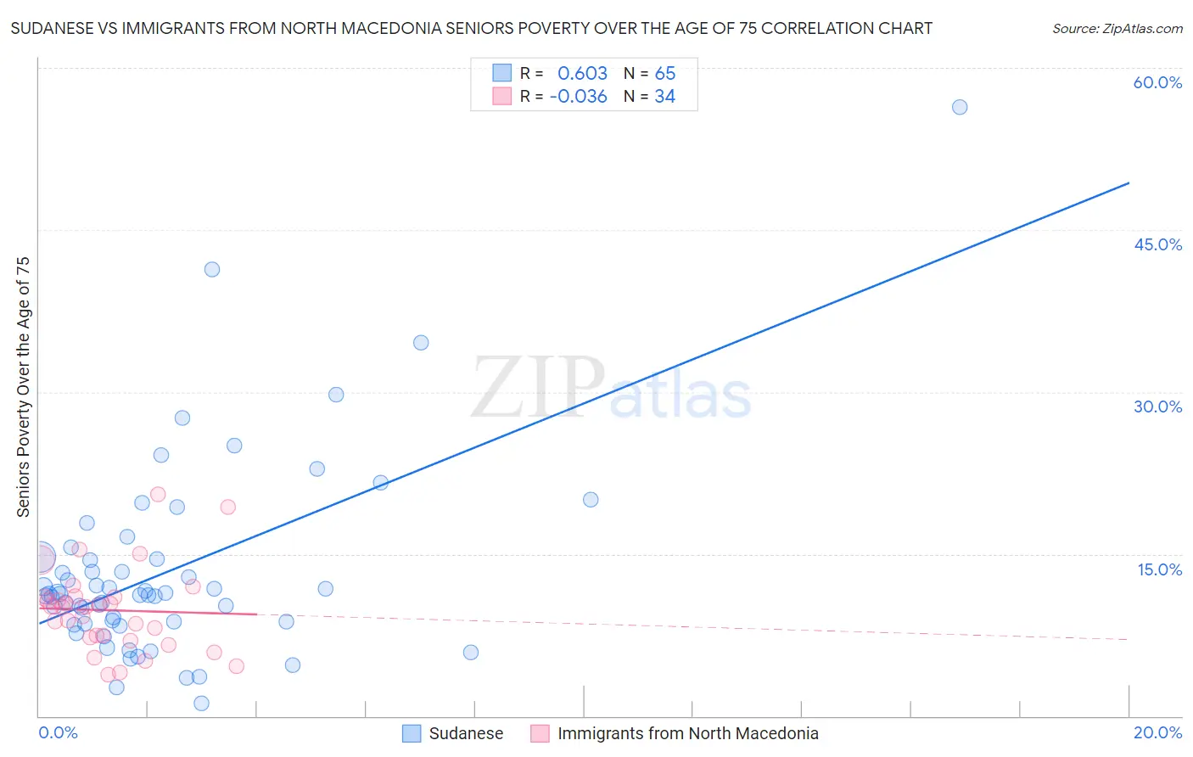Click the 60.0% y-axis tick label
[1157, 82]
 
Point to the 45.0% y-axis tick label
[1157, 244]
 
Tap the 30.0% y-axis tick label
[1157, 407]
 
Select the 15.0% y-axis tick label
[1159, 569]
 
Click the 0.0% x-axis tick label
[58, 732]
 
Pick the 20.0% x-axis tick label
[1157, 732]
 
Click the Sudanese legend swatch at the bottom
[412, 733]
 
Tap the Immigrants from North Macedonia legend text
[687, 733]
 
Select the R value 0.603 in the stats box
[582, 74]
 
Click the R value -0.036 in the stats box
[579, 97]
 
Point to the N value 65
[665, 74]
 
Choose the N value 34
[665, 97]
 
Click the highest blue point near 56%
[960, 107]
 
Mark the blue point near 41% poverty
[212, 269]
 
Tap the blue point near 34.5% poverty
[421, 343]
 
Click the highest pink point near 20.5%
[158, 494]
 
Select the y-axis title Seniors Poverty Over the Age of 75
[23, 387]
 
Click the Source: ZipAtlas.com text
[1117, 29]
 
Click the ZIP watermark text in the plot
[538, 389]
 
